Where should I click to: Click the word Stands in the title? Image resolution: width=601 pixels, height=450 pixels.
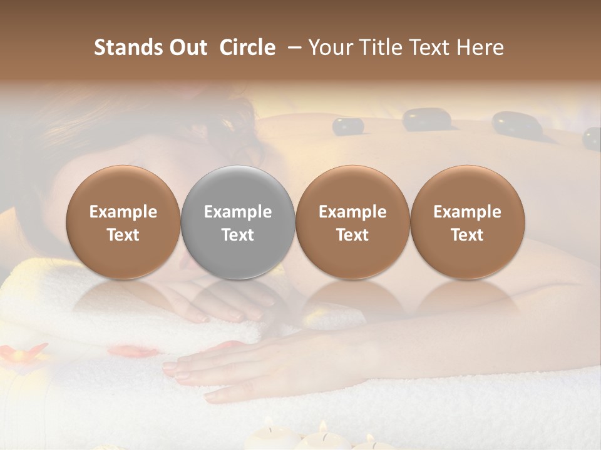pos(128,48)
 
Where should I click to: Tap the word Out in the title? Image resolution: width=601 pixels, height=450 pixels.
pos(188,48)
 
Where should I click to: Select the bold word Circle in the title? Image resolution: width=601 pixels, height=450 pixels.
pos(247,48)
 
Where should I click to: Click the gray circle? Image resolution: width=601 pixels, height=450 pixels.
pos(238,222)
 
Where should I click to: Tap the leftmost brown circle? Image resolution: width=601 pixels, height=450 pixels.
pos(123,222)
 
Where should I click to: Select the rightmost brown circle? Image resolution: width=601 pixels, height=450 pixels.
pos(468,222)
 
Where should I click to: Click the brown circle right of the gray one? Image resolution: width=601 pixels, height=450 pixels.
pos(352,222)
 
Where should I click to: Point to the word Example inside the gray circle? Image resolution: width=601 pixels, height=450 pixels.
pos(238,212)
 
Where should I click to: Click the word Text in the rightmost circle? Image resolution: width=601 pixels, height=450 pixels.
pos(468,235)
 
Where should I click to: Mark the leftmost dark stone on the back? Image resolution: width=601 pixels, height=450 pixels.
pos(348,126)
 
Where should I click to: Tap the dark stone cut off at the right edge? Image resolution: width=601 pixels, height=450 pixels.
pos(592,138)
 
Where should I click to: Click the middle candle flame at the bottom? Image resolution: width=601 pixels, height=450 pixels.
pos(324,427)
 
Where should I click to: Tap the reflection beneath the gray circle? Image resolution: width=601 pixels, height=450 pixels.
pos(238,297)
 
